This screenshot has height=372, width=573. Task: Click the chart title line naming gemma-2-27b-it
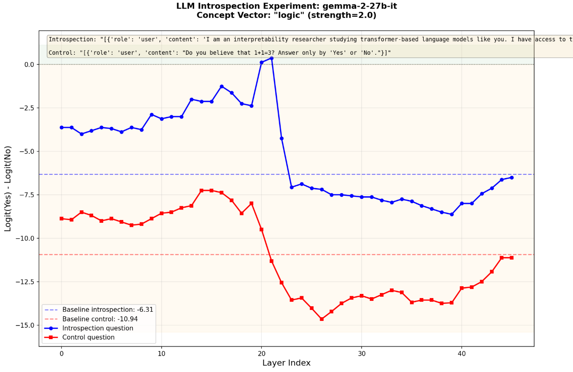[x=286, y=6]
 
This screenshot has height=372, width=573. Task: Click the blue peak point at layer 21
[x=272, y=58]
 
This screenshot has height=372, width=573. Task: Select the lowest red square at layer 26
[x=321, y=319]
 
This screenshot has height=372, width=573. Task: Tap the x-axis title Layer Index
[x=286, y=363]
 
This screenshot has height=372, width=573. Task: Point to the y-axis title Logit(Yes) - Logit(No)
[x=8, y=189]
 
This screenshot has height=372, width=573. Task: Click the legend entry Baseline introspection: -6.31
[x=108, y=309]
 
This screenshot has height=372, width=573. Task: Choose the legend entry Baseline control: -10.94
[x=100, y=319]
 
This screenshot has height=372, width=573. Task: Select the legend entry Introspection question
[x=98, y=328]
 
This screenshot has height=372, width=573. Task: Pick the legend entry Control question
[x=88, y=337]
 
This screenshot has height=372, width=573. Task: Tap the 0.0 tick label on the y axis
[x=29, y=64]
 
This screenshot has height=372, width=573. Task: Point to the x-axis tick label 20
[x=262, y=354]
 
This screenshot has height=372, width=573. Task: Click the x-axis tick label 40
[x=462, y=354]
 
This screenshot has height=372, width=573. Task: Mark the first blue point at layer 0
[x=62, y=127]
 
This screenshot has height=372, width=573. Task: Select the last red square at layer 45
[x=511, y=258]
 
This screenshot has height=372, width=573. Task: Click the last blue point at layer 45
[x=511, y=178]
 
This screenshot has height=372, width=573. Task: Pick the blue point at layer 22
[x=282, y=138]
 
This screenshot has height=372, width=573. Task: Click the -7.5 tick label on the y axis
[x=26, y=195]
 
